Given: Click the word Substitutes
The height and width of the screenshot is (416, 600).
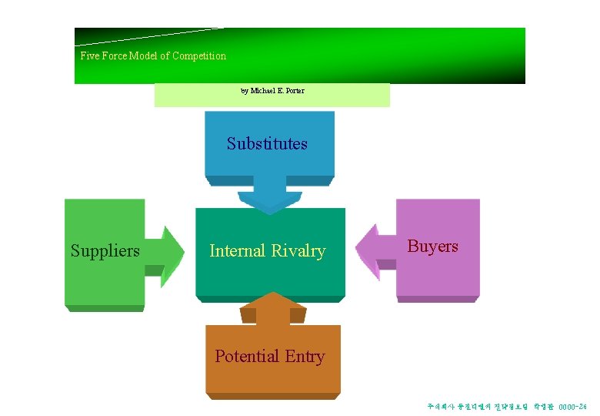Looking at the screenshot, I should tap(267, 144).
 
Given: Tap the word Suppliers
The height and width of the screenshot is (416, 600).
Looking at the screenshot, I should tap(105, 251).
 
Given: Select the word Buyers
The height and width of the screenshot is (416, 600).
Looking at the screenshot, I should tap(432, 247).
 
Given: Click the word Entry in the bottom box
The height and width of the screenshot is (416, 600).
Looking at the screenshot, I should tap(305, 357).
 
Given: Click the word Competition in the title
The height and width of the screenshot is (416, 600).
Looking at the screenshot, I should tap(199, 56).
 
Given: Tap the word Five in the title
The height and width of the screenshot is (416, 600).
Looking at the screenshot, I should tap(90, 56).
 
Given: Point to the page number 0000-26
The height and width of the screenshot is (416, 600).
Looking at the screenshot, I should tap(572, 406).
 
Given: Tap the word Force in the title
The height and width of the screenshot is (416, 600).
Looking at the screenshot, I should tap(115, 56).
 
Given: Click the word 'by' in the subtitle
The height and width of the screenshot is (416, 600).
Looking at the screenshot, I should tap(244, 91).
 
